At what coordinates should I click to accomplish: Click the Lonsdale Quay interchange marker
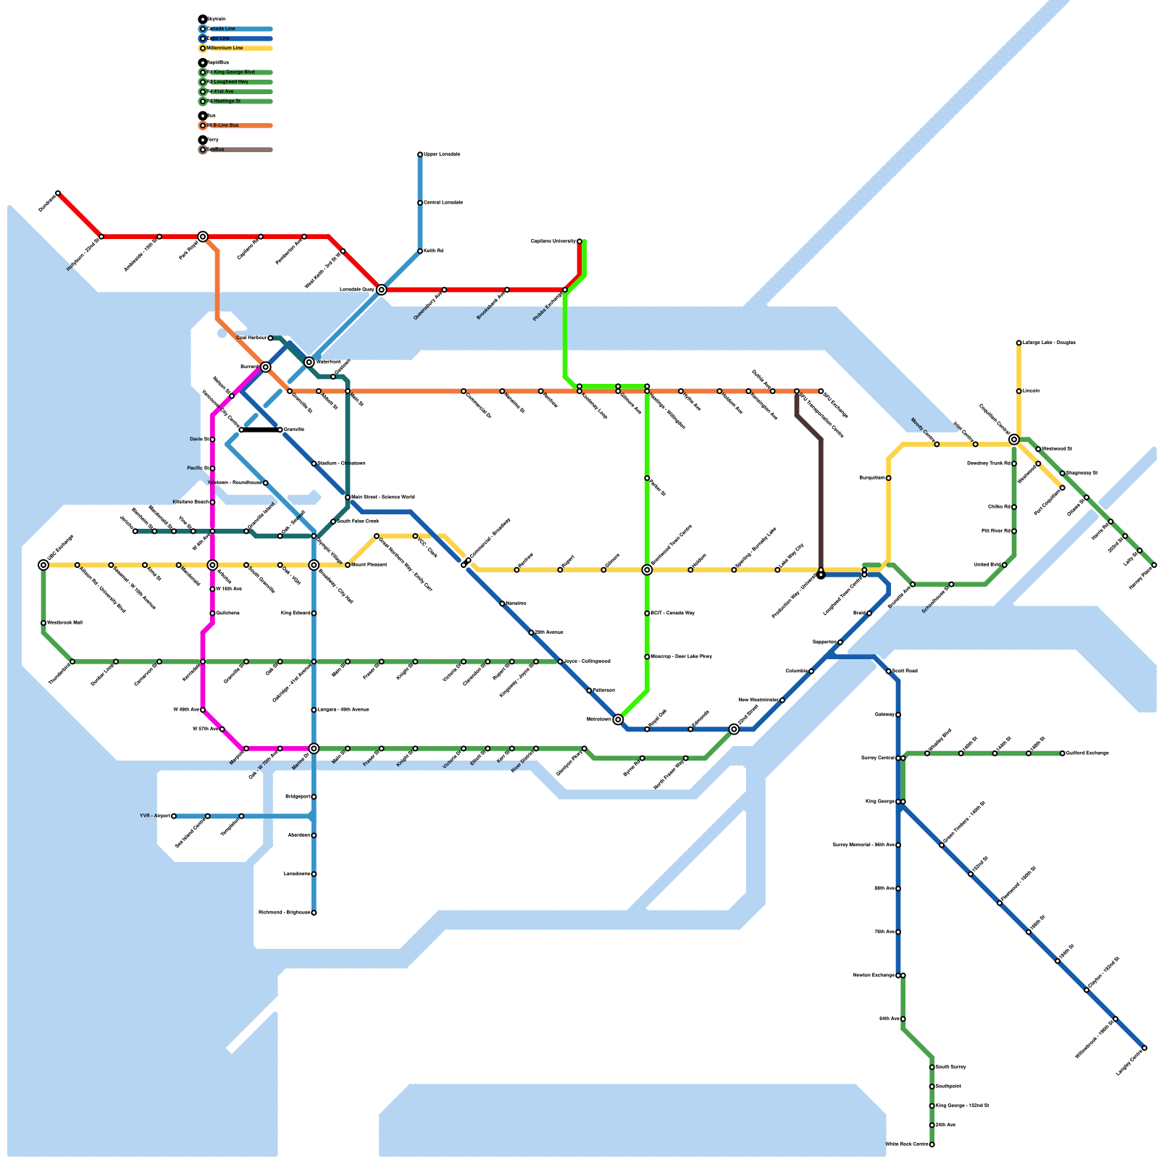click(382, 290)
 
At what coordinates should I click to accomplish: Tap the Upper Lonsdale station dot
click(420, 154)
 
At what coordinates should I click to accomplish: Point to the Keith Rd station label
click(434, 251)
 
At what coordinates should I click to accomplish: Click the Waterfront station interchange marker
click(309, 362)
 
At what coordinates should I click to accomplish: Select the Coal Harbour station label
click(251, 338)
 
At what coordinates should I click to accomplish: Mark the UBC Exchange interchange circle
click(43, 565)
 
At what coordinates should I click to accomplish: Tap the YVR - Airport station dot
click(174, 816)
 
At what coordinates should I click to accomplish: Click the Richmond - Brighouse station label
click(284, 913)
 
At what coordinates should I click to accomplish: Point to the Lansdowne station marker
click(314, 874)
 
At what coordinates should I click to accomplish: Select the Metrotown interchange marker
click(618, 719)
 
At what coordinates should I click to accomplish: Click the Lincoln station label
click(1032, 391)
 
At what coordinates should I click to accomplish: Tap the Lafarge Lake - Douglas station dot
click(1018, 343)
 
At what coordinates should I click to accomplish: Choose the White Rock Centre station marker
click(932, 1145)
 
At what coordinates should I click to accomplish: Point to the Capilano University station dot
click(579, 241)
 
